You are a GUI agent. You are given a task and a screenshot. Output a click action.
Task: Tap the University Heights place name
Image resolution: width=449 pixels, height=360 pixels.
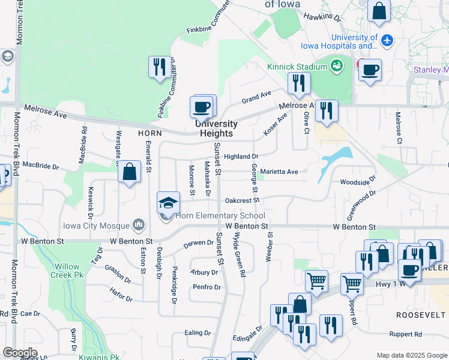(x=216, y=128)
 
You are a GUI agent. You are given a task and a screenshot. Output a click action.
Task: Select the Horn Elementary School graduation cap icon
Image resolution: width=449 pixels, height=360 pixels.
(x=169, y=202)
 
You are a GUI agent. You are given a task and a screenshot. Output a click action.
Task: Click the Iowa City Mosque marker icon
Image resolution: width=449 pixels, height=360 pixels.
(x=139, y=225)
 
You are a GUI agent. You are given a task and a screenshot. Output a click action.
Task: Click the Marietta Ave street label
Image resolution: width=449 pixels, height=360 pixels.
(x=279, y=172)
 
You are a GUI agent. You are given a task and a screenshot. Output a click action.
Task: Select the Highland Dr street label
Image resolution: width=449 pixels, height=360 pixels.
(x=241, y=157)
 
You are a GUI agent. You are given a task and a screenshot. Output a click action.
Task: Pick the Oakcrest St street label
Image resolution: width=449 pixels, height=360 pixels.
(x=242, y=200)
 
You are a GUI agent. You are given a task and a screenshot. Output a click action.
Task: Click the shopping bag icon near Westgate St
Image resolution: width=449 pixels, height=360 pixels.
(x=129, y=172)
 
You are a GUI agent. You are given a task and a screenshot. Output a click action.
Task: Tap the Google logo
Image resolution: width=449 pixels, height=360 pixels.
(x=20, y=353)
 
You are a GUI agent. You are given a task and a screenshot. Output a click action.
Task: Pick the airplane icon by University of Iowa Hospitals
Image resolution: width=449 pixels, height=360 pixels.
(x=388, y=40)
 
